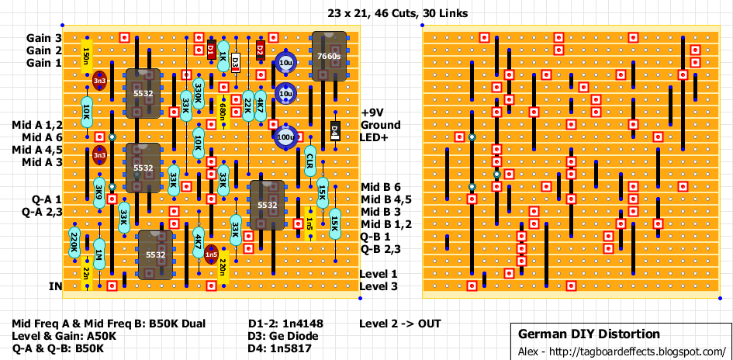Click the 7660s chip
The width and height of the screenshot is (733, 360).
point(329,56)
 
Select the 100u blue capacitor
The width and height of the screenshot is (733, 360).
point(285,137)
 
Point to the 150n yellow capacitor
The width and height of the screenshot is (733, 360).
point(85,56)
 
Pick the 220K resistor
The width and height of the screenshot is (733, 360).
point(74,243)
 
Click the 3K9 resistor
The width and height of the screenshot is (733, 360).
point(99,193)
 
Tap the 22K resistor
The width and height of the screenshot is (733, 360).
point(247,106)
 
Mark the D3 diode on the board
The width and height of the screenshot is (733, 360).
point(236,62)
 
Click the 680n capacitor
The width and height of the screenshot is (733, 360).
point(223,110)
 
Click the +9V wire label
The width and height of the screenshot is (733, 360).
point(375,112)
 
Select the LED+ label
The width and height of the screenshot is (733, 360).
point(376,137)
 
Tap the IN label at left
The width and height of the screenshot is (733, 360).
point(55,286)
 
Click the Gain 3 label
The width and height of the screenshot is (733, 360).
point(43,38)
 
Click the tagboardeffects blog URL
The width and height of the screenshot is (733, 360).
point(621,351)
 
